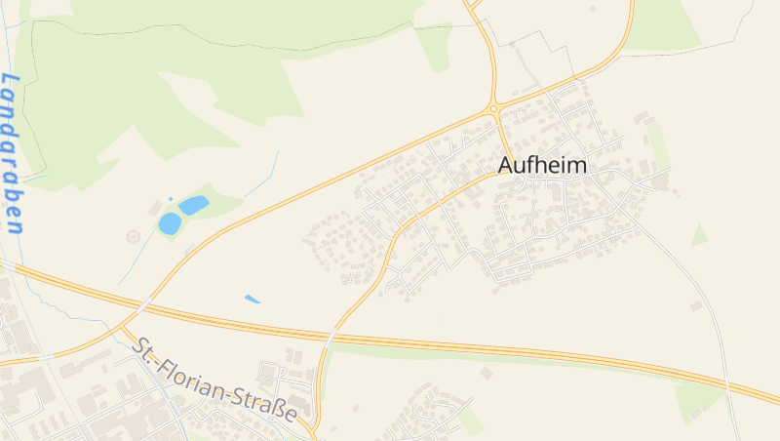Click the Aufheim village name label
[543, 166]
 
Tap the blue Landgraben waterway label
[12, 153]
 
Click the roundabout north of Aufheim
[494, 107]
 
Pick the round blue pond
[170, 223]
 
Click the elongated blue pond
[193, 205]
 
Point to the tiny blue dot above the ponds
[171, 198]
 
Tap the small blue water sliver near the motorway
[253, 299]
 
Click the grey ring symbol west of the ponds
[133, 236]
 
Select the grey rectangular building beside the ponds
[154, 208]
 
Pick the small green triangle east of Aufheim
[698, 235]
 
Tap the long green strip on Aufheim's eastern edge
[660, 146]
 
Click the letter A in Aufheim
[507, 166]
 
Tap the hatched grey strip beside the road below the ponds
[187, 245]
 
